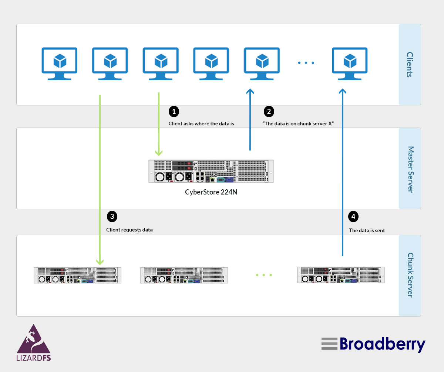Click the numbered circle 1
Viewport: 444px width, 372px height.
click(x=174, y=111)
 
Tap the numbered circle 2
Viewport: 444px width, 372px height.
click(x=269, y=111)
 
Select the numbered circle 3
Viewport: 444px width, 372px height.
click(x=112, y=217)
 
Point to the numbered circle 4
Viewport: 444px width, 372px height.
click(x=353, y=217)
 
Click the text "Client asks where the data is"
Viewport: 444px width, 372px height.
click(x=201, y=124)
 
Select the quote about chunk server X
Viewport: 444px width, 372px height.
click(x=299, y=124)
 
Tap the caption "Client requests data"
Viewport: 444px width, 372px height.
click(x=129, y=230)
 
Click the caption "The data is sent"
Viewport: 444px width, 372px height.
click(x=367, y=230)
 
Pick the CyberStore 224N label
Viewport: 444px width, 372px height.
click(x=211, y=192)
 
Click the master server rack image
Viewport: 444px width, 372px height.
click(x=211, y=171)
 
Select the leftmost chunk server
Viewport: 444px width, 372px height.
click(x=78, y=275)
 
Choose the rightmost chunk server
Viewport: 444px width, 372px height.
click(x=341, y=275)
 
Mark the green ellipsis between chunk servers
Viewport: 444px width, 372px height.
click(x=264, y=275)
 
